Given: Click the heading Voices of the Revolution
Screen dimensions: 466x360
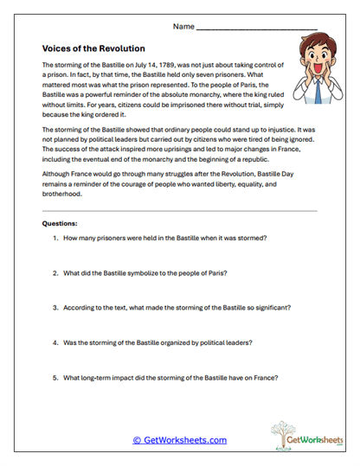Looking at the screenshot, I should tap(93, 48).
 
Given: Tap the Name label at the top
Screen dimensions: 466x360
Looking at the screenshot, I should tap(183, 27).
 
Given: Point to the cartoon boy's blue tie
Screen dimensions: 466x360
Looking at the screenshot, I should tap(323, 89).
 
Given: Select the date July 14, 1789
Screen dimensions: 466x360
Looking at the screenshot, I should tap(165, 65).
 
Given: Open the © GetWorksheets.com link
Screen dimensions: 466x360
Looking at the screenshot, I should tap(179, 440).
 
